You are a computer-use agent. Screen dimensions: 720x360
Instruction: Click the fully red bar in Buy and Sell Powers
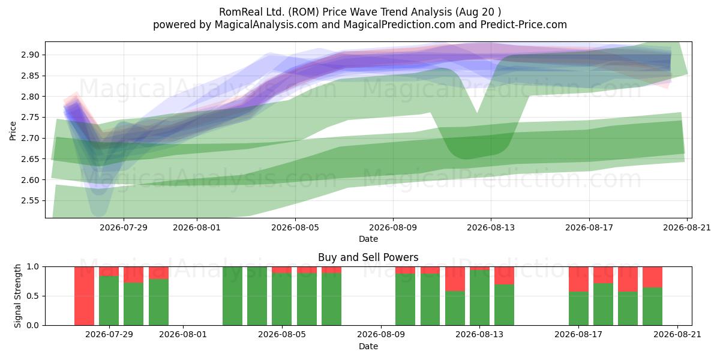tap(84, 296)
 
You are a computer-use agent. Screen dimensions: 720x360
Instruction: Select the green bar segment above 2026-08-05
tap(282, 299)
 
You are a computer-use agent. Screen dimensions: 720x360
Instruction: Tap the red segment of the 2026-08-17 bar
tap(578, 279)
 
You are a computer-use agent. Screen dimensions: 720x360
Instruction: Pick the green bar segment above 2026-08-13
tap(479, 298)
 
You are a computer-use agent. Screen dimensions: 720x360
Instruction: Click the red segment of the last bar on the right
tap(653, 277)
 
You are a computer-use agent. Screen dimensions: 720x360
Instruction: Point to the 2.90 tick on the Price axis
tap(30, 55)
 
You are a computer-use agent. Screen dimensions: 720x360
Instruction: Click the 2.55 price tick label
tap(30, 201)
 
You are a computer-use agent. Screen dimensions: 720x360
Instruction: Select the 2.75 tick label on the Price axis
tap(30, 118)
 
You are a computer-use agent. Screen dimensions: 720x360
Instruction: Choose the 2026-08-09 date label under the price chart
tap(393, 227)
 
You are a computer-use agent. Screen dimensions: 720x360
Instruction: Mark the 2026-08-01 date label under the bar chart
tap(183, 335)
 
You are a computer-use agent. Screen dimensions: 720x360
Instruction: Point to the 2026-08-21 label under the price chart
tap(687, 227)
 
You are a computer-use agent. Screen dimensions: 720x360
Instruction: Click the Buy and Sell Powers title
tap(368, 257)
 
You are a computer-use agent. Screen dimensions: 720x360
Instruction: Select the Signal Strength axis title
tap(17, 296)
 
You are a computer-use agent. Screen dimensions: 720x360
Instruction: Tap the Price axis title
tap(13, 131)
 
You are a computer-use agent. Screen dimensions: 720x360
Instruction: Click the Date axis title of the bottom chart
tap(368, 347)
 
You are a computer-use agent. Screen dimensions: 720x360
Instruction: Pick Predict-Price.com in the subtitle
tap(524, 25)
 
